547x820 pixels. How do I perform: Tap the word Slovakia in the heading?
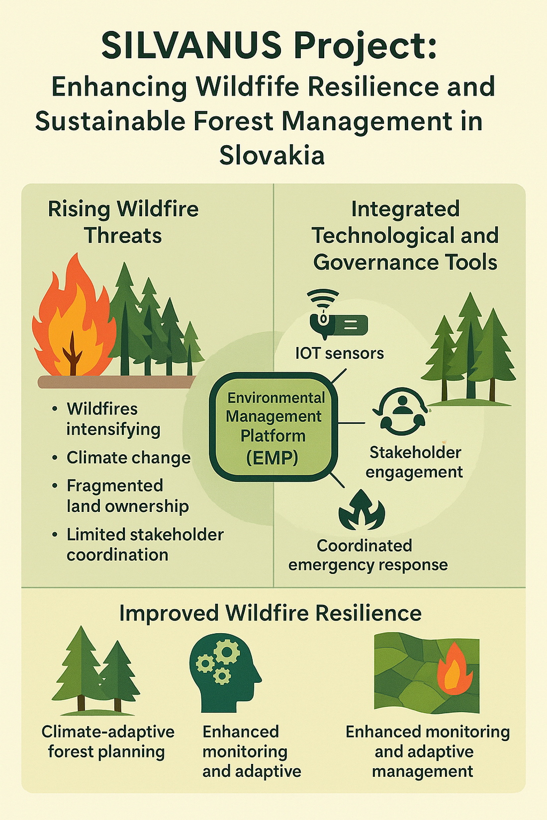[x=272, y=156]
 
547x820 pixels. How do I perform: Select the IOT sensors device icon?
[x=338, y=314]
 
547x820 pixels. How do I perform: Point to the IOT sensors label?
[x=340, y=353]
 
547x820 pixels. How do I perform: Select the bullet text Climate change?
[x=128, y=458]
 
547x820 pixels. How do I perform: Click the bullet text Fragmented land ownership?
[x=127, y=496]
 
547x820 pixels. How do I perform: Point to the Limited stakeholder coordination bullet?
[x=145, y=545]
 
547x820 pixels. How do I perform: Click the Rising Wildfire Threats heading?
[x=123, y=222]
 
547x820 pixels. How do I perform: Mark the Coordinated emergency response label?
[x=368, y=555]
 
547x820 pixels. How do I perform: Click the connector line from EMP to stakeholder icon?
[x=351, y=423]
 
